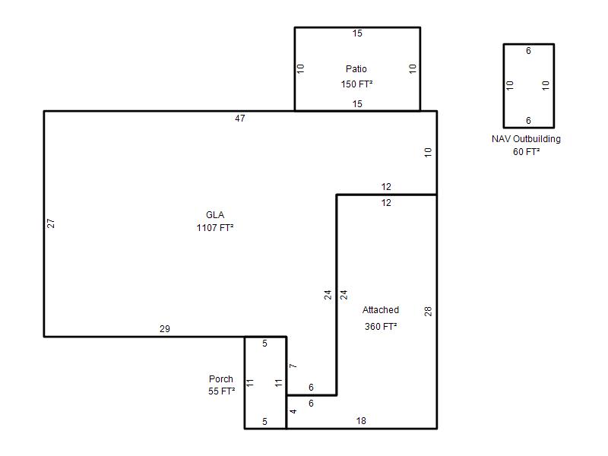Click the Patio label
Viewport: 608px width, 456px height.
pyautogui.click(x=356, y=69)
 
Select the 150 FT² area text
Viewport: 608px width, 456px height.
pyautogui.click(x=356, y=84)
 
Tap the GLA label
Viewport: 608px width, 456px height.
pyautogui.click(x=215, y=215)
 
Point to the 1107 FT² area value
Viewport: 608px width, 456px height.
pyautogui.click(x=215, y=227)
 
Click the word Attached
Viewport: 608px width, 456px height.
pyautogui.click(x=381, y=310)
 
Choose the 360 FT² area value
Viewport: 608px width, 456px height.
pyautogui.click(x=381, y=327)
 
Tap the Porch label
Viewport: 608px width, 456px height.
pyautogui.click(x=221, y=378)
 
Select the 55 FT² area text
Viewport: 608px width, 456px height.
pyautogui.click(x=221, y=391)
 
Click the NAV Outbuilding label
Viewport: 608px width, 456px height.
pyautogui.click(x=526, y=139)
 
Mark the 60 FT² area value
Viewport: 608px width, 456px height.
pyautogui.click(x=526, y=151)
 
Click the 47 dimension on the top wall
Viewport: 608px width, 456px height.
pyautogui.click(x=240, y=119)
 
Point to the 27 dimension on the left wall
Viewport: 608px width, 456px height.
pyautogui.click(x=51, y=223)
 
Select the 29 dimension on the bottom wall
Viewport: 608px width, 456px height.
pyautogui.click(x=165, y=329)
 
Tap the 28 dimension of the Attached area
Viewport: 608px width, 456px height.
pyautogui.click(x=428, y=311)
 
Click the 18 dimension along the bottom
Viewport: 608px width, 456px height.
pyautogui.click(x=361, y=421)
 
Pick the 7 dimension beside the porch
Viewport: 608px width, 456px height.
pyautogui.click(x=293, y=366)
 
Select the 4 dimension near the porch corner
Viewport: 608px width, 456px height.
pyautogui.click(x=293, y=411)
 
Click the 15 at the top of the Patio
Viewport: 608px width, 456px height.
pyautogui.click(x=357, y=33)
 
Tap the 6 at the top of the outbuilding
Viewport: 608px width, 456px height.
pyautogui.click(x=528, y=51)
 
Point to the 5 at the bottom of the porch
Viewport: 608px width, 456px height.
pyautogui.click(x=264, y=422)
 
